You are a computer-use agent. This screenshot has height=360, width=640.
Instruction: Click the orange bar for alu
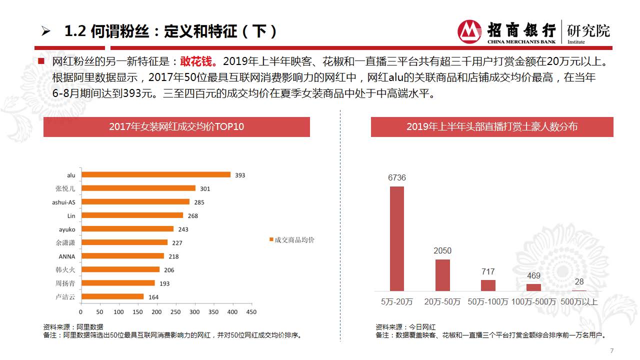156,174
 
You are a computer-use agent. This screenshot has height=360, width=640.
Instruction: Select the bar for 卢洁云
113,296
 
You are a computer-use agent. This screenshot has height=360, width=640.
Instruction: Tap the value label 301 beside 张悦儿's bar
205,189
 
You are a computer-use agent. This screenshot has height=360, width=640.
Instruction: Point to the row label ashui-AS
63,202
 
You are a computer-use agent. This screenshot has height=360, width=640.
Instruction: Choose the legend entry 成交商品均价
292,240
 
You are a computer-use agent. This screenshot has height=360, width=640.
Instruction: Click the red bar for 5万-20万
397,238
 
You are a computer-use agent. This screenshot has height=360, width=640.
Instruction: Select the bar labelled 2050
442,275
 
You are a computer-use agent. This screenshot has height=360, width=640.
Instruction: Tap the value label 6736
397,177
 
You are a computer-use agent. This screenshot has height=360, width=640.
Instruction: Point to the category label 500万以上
579,301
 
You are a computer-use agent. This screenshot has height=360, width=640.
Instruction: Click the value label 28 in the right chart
579,282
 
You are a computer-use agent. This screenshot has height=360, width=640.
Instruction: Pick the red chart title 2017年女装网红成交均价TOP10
176,127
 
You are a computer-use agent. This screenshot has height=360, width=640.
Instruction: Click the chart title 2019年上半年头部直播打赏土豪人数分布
492,127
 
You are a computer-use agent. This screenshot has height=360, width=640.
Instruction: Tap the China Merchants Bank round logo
469,32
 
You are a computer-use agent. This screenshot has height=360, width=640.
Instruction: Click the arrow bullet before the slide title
46,32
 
